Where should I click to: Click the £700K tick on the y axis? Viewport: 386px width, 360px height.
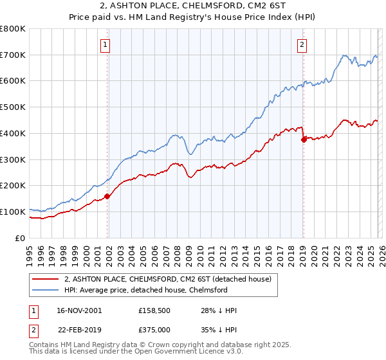pyautogui.click(x=13, y=55)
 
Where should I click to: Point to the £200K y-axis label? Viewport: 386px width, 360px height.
pyautogui.click(x=13, y=186)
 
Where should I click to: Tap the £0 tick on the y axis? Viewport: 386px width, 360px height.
pyautogui.click(x=21, y=238)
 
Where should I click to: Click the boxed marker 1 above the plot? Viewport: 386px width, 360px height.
pyautogui.click(x=105, y=44)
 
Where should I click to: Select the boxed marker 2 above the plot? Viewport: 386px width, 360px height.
pyautogui.click(x=302, y=44)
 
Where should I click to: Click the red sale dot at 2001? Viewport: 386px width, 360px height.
pyautogui.click(x=107, y=197)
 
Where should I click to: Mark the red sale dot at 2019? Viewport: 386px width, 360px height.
pyautogui.click(x=304, y=139)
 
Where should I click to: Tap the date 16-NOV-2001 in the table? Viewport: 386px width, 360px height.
pyautogui.click(x=78, y=310)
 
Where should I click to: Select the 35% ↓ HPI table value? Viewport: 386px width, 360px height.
pyautogui.click(x=219, y=330)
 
